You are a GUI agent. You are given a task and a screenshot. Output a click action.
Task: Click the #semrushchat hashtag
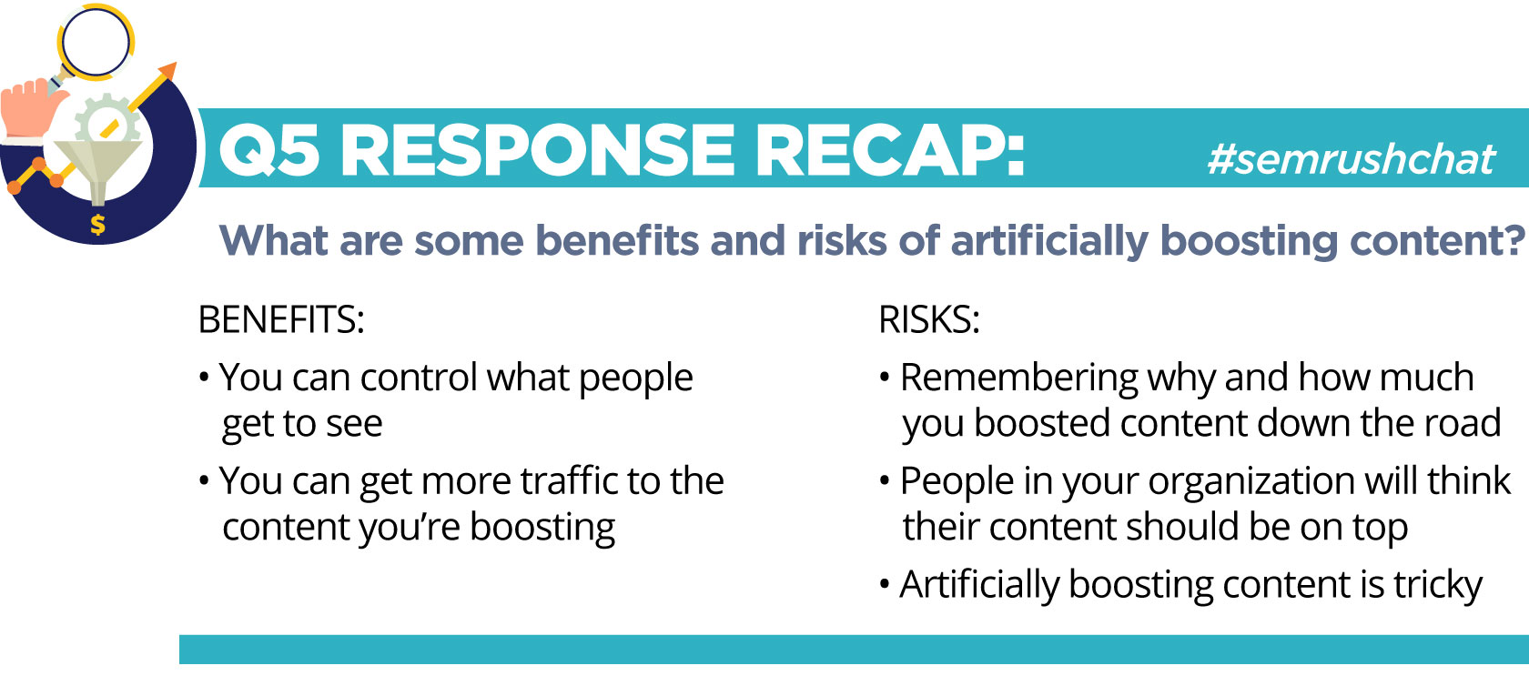pos(1351,160)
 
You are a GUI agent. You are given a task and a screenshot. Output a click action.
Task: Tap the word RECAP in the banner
pos(890,151)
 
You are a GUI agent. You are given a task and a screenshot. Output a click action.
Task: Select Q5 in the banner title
pos(269,152)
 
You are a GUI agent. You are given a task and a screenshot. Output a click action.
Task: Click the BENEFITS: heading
pos(281,319)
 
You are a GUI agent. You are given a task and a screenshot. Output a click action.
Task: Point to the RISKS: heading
pos(929,319)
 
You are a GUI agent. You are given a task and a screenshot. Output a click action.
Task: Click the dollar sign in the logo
pos(97,224)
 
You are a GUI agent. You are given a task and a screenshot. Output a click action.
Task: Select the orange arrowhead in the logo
pos(167,71)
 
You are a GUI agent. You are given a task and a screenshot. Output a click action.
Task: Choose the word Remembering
pos(1019,378)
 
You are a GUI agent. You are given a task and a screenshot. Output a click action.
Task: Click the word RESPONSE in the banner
pos(537,152)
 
